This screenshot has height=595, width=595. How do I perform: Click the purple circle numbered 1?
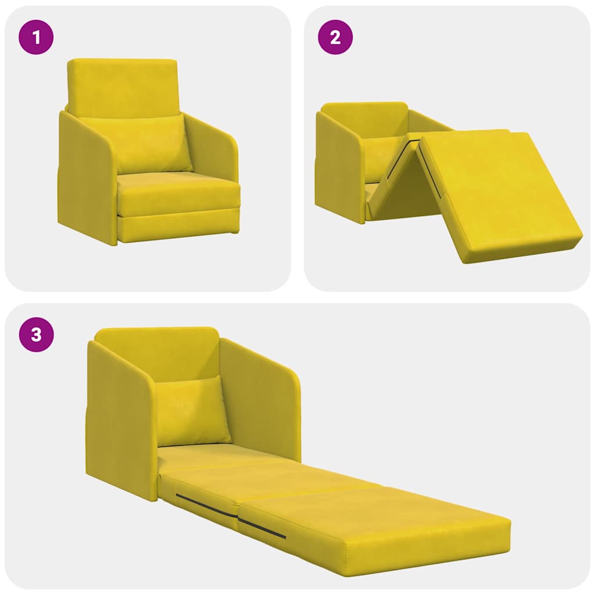tap(36, 38)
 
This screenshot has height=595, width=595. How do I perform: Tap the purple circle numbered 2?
tap(335, 38)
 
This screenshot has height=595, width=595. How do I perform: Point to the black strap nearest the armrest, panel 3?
tap(206, 506)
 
